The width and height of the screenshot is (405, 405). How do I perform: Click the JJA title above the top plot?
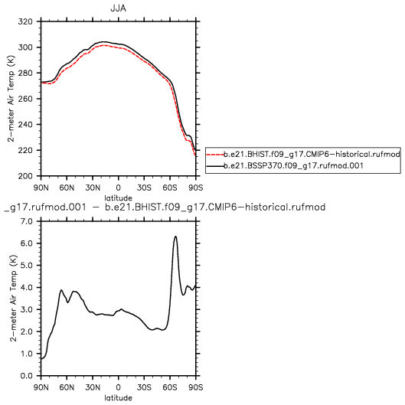[119, 8]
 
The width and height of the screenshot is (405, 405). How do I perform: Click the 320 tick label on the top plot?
[25, 21]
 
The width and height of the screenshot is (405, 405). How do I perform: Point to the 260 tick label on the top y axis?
[25, 99]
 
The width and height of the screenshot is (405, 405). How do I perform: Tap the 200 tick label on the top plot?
[25, 176]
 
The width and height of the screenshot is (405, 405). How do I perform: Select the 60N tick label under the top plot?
[67, 188]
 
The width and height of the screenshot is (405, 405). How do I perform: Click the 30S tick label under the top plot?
[144, 188]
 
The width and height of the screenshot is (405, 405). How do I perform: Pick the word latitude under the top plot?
[119, 198]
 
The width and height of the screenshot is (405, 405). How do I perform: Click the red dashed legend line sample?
[215, 155]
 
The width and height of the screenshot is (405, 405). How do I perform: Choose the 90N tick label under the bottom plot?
[41, 387]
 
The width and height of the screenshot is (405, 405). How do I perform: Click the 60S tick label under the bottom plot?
[170, 387]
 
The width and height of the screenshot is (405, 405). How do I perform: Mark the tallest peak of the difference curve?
[175, 237]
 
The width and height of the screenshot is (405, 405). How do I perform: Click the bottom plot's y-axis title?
[13, 299]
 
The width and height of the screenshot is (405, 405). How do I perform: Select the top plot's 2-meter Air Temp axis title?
[11, 99]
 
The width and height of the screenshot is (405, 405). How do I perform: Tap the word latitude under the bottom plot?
[119, 398]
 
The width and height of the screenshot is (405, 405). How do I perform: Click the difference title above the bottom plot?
[165, 207]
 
